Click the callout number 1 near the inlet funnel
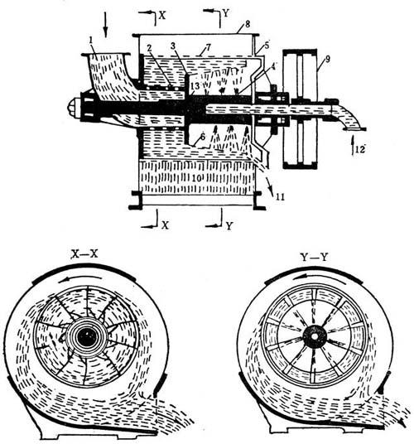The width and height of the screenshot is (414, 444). (91, 41)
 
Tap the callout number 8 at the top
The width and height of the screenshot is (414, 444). (248, 24)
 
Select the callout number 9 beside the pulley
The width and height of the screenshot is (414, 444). (327, 59)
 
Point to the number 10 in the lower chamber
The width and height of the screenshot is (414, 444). (196, 178)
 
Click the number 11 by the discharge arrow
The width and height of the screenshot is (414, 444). (280, 196)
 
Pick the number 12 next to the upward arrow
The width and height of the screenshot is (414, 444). (360, 149)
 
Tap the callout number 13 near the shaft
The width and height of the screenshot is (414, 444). (195, 85)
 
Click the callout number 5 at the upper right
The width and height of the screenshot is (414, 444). (267, 46)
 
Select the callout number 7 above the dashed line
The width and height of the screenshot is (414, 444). (209, 47)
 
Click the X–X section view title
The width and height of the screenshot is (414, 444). (84, 254)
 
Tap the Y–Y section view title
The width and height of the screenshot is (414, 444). (314, 257)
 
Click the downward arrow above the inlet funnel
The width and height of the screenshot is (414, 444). (105, 24)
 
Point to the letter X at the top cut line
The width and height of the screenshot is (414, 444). (161, 15)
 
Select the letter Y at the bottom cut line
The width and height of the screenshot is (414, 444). (229, 225)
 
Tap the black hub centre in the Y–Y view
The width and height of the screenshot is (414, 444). (315, 336)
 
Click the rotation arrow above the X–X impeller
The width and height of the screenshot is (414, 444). (80, 279)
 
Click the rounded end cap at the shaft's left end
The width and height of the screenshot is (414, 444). (74, 107)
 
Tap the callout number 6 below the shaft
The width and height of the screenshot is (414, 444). (202, 137)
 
